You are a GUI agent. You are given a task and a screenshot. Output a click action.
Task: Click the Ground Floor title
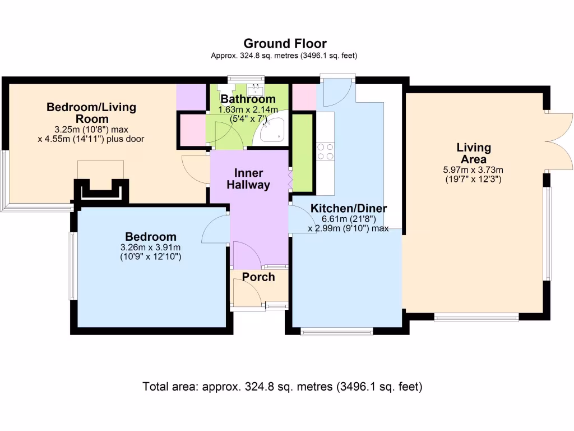[285, 44]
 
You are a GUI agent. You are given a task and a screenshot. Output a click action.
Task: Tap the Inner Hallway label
[248, 179]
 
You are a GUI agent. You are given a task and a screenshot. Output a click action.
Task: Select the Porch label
[258, 277]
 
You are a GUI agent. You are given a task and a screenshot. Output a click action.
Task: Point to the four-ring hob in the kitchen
[326, 152]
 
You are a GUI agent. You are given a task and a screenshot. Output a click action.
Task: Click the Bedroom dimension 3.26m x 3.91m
[150, 247]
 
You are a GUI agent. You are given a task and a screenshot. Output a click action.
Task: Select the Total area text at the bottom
[283, 387]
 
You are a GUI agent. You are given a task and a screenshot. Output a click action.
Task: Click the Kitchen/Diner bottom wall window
[336, 332]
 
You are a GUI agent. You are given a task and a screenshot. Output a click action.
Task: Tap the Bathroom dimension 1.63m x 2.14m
[248, 110]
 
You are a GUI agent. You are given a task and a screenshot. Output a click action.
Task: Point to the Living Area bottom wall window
[476, 318]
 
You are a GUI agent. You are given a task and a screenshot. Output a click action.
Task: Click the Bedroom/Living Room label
[91, 113]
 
